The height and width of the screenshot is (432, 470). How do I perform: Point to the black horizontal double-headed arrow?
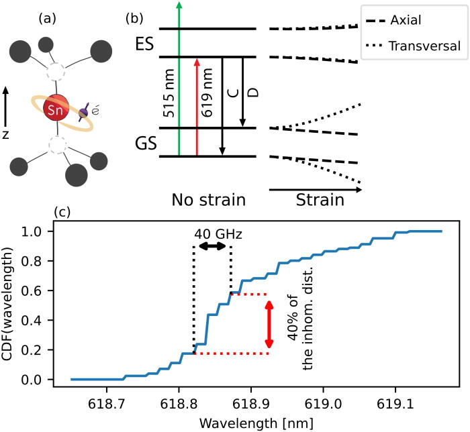pyautogui.click(x=213, y=247)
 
